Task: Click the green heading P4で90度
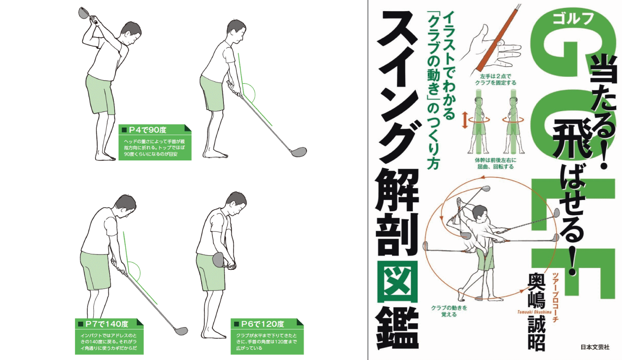(148, 130)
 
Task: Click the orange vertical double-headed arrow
(465, 120)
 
